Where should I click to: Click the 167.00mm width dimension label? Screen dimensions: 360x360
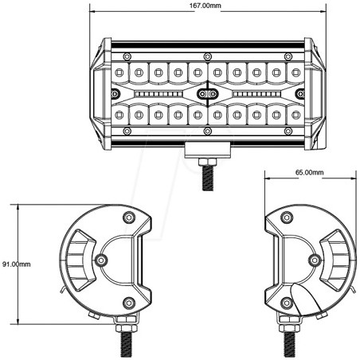click(x=205, y=6)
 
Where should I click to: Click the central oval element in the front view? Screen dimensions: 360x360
click(x=206, y=94)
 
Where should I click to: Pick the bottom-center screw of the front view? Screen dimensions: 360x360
click(x=207, y=132)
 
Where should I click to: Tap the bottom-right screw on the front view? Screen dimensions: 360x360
click(x=286, y=132)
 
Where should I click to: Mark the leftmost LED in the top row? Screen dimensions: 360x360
click(x=119, y=72)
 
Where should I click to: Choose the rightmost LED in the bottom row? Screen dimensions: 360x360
click(x=294, y=115)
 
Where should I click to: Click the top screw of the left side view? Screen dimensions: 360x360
click(x=129, y=217)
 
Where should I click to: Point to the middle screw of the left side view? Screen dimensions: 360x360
click(x=100, y=260)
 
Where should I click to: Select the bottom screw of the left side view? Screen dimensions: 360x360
click(x=129, y=302)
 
